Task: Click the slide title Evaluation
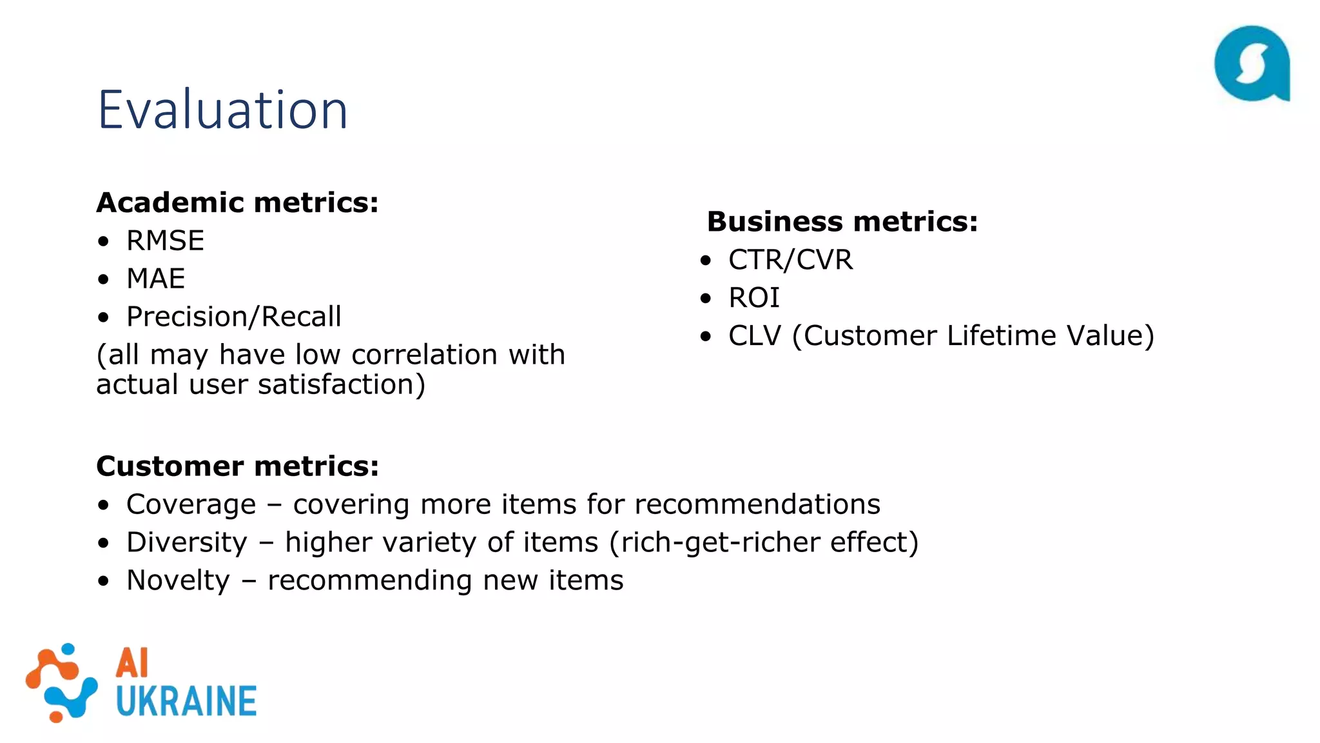(x=222, y=110)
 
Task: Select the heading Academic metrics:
(x=237, y=203)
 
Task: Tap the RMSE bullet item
(x=165, y=241)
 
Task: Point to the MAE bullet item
(x=155, y=279)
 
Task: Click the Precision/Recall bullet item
(x=233, y=317)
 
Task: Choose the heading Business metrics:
(x=842, y=221)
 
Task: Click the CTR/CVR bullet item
(x=790, y=260)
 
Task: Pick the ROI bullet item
(x=753, y=298)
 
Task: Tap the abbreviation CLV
(x=754, y=336)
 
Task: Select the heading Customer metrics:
(x=237, y=466)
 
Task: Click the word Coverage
(x=191, y=504)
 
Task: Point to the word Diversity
(x=186, y=542)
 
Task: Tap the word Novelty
(x=178, y=580)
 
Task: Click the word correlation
(x=424, y=355)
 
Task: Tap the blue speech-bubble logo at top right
(x=1252, y=63)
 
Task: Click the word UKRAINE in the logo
(x=186, y=702)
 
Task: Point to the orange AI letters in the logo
(x=132, y=663)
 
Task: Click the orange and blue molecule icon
(x=61, y=682)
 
